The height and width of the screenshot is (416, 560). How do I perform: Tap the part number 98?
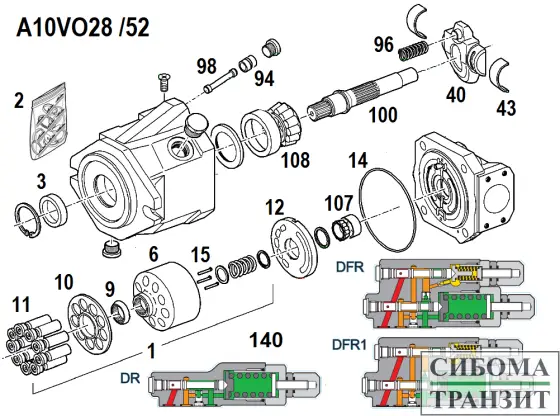(207, 67)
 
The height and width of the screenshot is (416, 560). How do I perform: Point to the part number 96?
(385, 44)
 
